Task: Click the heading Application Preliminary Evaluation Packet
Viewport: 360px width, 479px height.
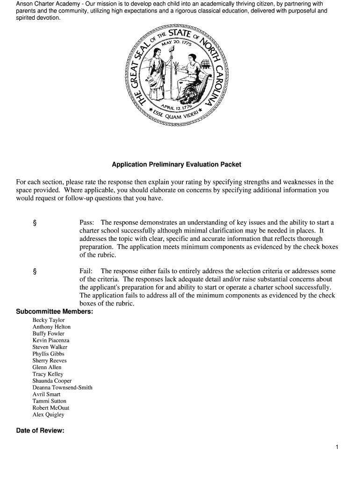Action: [176, 165]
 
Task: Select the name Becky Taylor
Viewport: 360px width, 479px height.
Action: [49, 320]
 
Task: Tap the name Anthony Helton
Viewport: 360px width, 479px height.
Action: [51, 327]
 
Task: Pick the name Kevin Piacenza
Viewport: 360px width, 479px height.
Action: [50, 341]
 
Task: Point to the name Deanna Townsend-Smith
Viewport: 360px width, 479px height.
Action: [62, 387]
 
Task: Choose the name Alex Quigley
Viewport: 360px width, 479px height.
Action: [48, 414]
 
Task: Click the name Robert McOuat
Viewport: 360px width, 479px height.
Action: [50, 408]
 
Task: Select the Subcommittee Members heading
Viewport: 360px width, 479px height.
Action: [54, 312]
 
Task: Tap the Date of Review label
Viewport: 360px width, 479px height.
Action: [40, 431]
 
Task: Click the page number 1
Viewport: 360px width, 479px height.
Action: [337, 447]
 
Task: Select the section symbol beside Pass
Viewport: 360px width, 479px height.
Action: [35, 223]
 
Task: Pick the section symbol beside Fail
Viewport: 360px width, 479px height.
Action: [35, 271]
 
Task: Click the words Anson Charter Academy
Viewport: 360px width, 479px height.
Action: [46, 4]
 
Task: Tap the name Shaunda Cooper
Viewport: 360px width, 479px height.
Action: [52, 381]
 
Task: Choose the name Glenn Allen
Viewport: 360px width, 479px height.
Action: [47, 367]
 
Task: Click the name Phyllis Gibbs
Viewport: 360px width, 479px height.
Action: [48, 354]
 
